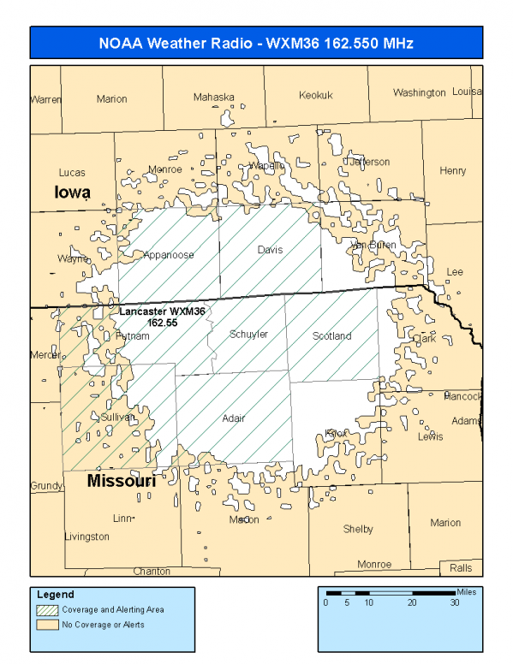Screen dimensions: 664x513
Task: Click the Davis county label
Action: (x=270, y=250)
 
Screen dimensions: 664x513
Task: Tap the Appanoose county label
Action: (x=169, y=255)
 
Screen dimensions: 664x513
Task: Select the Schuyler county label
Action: (x=248, y=335)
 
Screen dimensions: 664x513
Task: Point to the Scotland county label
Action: (x=331, y=336)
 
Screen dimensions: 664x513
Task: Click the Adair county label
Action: (x=233, y=418)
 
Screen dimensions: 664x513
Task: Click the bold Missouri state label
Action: (x=122, y=483)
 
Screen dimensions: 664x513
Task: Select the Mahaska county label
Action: (x=213, y=98)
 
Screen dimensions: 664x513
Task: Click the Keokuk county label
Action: (x=315, y=96)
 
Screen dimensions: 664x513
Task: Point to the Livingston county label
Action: (x=86, y=537)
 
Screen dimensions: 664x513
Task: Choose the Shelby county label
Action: (x=358, y=530)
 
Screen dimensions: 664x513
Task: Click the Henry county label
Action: (x=452, y=171)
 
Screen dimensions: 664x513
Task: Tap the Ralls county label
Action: (x=460, y=568)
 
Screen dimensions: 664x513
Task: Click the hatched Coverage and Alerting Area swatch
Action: (x=48, y=610)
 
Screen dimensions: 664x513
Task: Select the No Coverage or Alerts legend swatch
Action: (x=48, y=625)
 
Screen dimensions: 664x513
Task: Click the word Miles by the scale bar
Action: (x=466, y=591)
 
